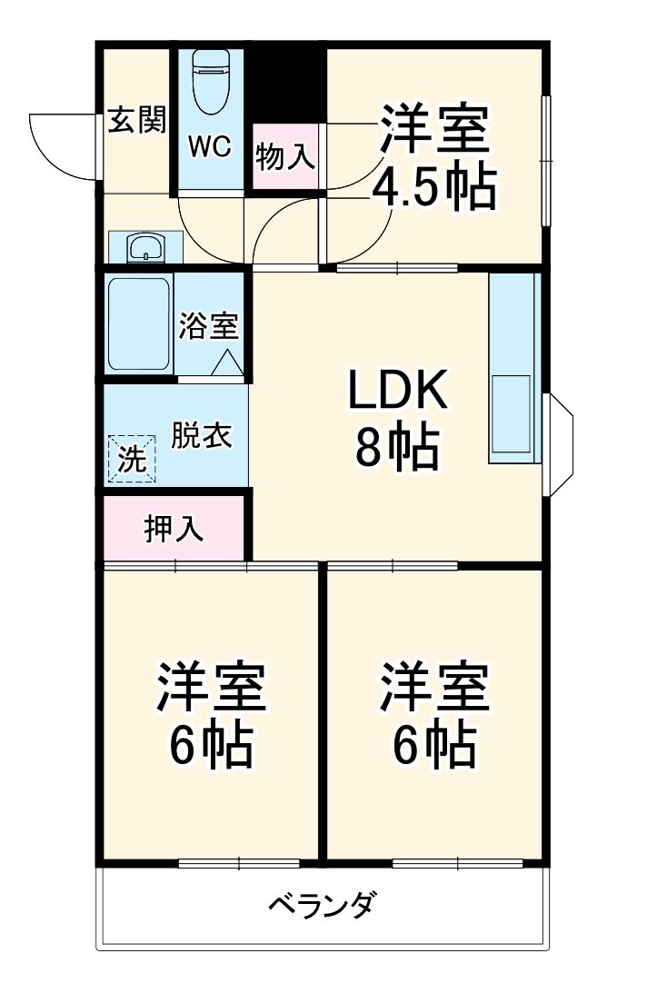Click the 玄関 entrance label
click(137, 121)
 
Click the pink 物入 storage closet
click(285, 157)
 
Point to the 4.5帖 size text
click(433, 189)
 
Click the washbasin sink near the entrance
click(145, 247)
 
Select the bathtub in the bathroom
click(139, 324)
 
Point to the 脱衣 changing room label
click(202, 436)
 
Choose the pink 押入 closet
click(174, 529)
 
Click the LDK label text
click(396, 391)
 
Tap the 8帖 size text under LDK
click(396, 447)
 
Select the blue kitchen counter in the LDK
click(513, 368)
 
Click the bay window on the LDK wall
click(558, 445)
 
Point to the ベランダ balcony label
click(323, 905)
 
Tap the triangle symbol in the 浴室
click(227, 363)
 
